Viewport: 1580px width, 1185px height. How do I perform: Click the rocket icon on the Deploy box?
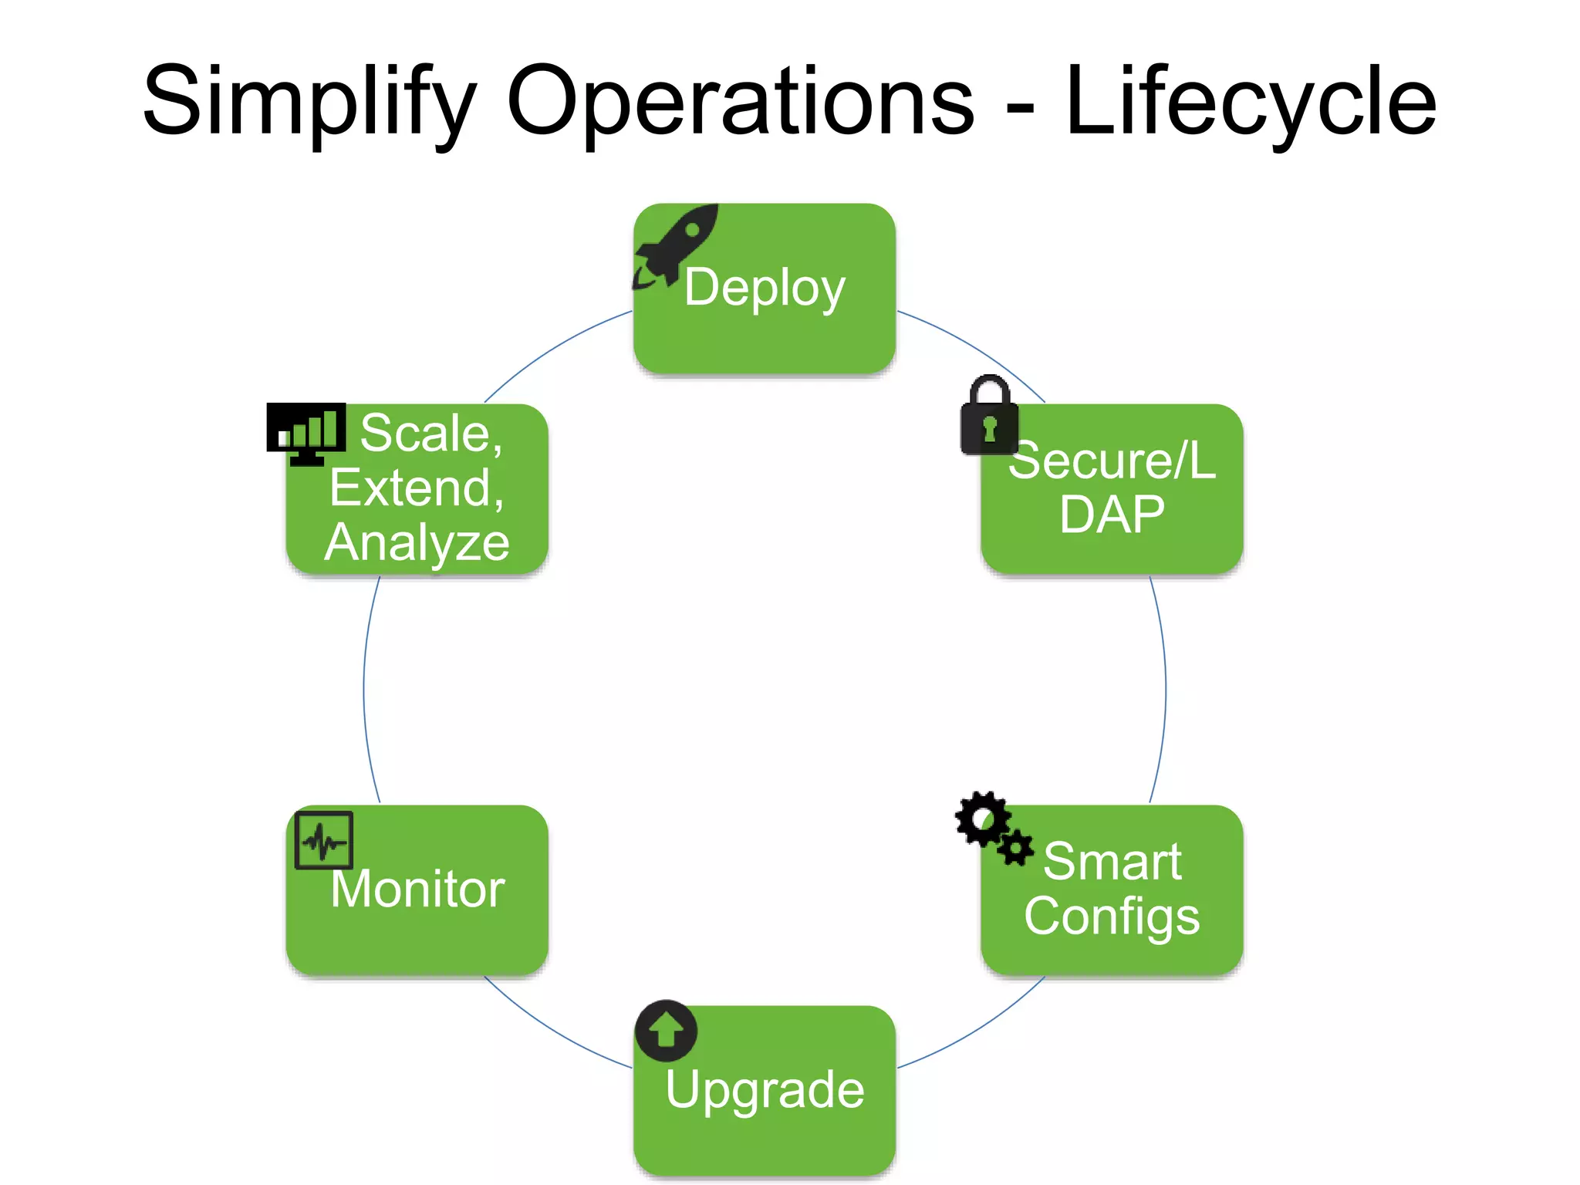pos(676,245)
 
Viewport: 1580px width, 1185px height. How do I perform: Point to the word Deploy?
pos(764,287)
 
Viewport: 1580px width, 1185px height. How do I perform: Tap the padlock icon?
pos(989,417)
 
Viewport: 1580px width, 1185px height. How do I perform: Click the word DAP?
pos(1111,515)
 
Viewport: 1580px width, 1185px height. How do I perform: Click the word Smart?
pos(1112,861)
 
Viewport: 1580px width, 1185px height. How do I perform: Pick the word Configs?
pos(1112,916)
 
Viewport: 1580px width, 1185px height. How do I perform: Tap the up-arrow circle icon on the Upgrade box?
pos(666,1031)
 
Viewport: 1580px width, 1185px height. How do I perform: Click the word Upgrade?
pos(764,1089)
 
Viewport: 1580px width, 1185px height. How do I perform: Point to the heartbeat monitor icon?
pos(323,840)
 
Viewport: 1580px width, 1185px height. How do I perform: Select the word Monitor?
pos(417,889)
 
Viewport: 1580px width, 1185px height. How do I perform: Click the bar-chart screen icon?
pos(306,432)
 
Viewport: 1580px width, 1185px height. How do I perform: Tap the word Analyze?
pos(417,542)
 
